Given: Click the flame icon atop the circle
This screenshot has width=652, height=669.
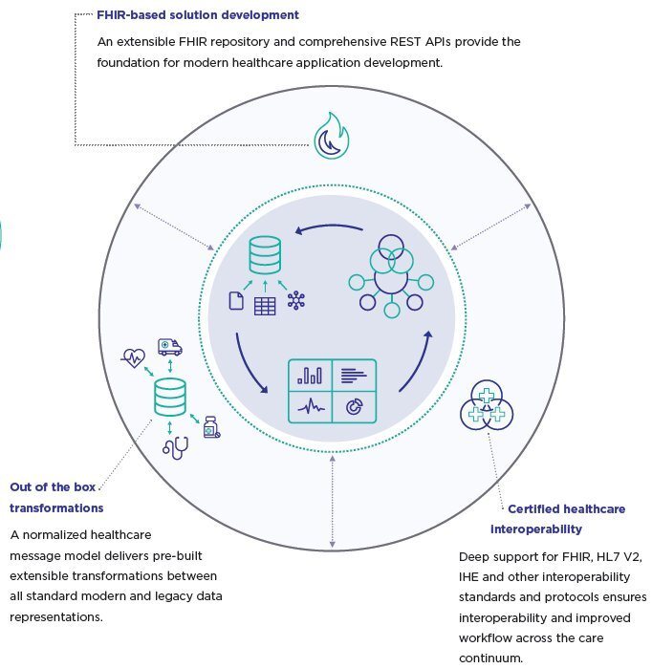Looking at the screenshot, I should (332, 139).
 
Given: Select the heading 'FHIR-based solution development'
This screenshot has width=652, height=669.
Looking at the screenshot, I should (198, 15).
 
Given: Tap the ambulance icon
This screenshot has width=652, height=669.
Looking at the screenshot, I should (169, 347).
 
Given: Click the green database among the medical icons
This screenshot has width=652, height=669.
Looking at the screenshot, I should (170, 396).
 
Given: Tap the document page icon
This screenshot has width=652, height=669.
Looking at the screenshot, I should (235, 302).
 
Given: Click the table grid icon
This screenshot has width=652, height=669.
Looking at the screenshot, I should (265, 305).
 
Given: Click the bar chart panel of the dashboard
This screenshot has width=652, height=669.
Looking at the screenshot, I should (310, 376).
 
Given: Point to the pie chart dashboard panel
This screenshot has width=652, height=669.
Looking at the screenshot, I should (354, 407).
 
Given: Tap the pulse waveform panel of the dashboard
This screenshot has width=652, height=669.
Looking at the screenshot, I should (310, 407).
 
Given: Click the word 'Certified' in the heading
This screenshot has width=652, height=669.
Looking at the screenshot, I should (532, 509).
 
